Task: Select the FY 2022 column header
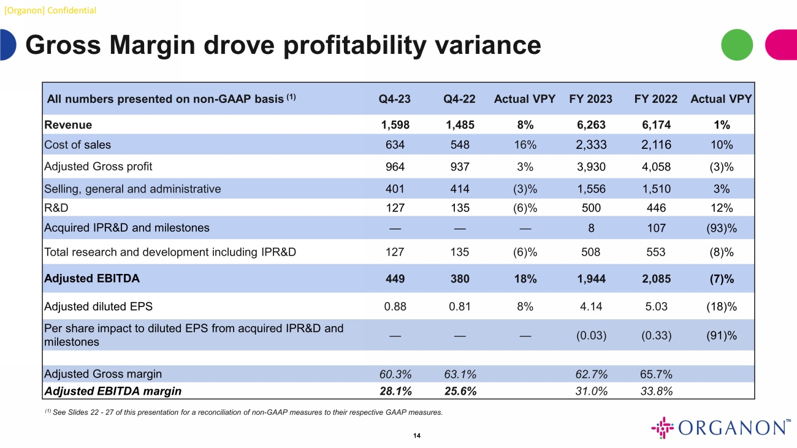(x=657, y=99)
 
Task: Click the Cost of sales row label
(x=78, y=145)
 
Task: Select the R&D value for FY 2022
(x=657, y=207)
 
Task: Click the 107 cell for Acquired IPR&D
(x=657, y=228)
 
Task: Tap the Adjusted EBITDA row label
(x=92, y=278)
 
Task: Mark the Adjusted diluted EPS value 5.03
(x=657, y=306)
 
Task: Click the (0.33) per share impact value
(x=657, y=335)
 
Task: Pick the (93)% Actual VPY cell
(x=722, y=228)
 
